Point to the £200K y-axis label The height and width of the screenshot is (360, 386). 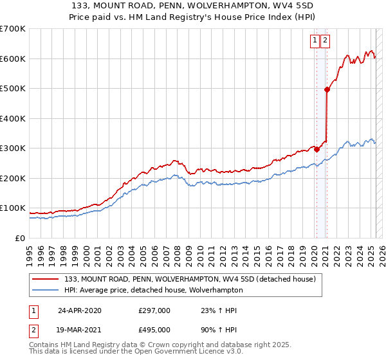[13, 178]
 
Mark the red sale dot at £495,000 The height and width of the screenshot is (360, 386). [327, 90]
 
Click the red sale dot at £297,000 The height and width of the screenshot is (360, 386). [317, 149]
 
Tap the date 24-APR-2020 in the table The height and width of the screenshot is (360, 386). [80, 310]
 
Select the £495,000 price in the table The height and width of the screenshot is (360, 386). [154, 330]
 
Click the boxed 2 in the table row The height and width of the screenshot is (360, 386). [33, 330]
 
